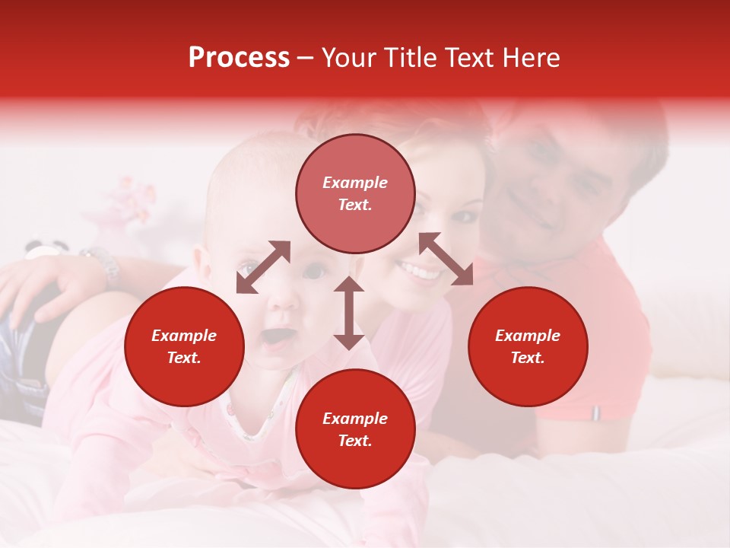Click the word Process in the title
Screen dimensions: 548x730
239,58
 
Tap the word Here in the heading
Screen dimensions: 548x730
532,58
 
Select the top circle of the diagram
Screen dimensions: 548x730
355,193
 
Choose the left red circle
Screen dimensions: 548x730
184,346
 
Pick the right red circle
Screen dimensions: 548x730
528,346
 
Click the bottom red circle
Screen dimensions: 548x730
355,429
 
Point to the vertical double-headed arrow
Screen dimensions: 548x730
349,313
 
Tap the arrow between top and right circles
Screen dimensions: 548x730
446,259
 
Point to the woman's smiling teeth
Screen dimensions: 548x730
421,270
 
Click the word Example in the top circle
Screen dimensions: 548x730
355,183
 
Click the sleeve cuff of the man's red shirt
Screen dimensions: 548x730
597,411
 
